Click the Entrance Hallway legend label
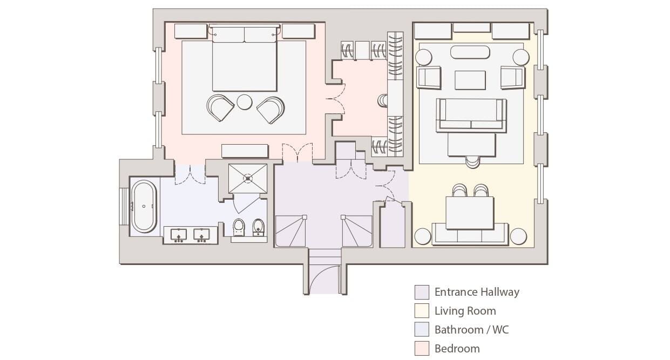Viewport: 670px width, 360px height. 477,292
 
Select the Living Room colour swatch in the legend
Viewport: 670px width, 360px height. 422,311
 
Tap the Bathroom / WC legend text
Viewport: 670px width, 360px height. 471,329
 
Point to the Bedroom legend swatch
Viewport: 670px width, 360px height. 422,348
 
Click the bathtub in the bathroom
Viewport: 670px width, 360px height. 144,206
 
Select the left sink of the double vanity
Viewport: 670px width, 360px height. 179,235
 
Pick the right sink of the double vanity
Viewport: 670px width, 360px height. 202,235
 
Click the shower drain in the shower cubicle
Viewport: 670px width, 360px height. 248,178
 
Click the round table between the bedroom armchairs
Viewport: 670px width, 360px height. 245,102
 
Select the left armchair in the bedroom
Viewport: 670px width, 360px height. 220,108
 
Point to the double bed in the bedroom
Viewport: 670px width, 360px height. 245,59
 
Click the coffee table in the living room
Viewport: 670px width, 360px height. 470,80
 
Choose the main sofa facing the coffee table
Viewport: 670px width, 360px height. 471,115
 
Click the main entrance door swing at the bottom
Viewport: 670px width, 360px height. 324,275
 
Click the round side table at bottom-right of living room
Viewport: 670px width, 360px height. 518,236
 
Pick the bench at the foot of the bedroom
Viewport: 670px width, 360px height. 245,151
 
